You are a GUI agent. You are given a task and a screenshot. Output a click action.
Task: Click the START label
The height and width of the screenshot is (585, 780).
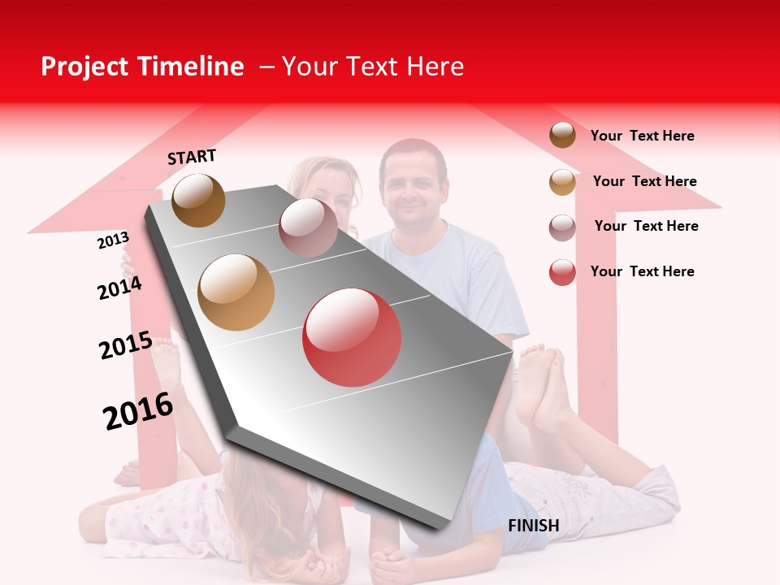[x=192, y=157]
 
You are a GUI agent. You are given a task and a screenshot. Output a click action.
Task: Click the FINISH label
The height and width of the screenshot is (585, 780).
[x=534, y=526]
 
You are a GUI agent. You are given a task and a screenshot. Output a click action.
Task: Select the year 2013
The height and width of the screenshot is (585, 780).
[x=113, y=240]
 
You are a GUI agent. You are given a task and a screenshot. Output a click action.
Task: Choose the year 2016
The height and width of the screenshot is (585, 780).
[x=138, y=410]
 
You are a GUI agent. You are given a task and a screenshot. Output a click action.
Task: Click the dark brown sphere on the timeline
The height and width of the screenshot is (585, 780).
[x=199, y=200]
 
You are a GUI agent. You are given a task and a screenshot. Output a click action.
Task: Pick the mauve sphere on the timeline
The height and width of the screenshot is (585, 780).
[x=308, y=227]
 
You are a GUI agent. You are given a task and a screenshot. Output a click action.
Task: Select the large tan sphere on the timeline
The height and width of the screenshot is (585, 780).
[x=236, y=292]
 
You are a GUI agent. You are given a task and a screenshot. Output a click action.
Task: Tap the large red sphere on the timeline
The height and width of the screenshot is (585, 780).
[x=352, y=337]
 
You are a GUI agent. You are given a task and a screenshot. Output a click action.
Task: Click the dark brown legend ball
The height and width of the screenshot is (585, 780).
[x=562, y=135]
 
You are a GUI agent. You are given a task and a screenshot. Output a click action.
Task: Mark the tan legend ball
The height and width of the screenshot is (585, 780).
[x=562, y=182]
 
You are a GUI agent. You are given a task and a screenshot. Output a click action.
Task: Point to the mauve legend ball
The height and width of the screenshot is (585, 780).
[x=562, y=227]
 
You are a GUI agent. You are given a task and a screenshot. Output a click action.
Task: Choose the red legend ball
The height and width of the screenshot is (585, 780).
[x=562, y=272]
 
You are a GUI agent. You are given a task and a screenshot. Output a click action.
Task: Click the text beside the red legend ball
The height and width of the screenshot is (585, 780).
[x=642, y=271]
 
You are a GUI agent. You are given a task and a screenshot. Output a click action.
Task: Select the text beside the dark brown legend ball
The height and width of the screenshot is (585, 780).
[x=642, y=136]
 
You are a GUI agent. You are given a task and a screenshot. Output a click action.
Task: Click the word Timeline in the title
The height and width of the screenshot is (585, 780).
[x=191, y=67]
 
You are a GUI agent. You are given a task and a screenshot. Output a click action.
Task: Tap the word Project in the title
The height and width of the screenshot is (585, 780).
[x=86, y=67]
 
